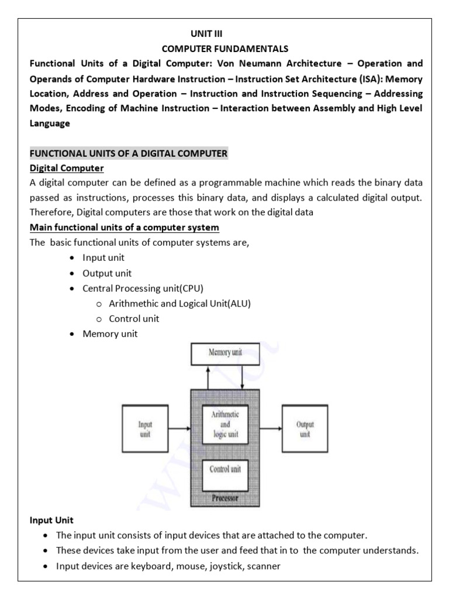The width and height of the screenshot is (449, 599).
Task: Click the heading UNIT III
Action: click(204, 35)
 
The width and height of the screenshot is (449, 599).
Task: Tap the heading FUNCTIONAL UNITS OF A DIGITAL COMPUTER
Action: click(128, 154)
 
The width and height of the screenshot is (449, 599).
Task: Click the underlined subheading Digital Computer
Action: click(67, 168)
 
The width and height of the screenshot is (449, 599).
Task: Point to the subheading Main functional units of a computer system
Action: click(124, 227)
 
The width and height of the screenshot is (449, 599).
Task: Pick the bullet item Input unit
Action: click(103, 257)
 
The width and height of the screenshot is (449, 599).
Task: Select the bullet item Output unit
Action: click(106, 273)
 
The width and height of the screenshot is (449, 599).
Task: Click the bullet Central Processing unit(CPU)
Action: click(143, 288)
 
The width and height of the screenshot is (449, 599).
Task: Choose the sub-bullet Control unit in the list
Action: click(134, 319)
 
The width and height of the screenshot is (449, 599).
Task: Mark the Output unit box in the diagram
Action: click(305, 429)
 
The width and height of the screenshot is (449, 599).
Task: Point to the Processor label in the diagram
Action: click(224, 498)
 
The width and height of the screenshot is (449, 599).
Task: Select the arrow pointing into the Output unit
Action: click(270, 429)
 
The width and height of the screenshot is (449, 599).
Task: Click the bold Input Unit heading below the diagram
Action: click(51, 520)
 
